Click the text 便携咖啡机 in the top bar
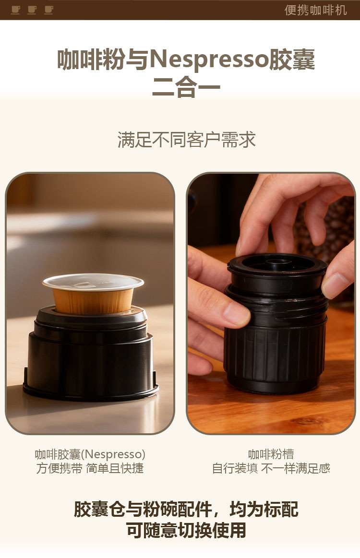315,10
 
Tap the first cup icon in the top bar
15,10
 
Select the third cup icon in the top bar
49,10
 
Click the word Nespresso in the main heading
209,59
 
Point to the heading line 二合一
186,87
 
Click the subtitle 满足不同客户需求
187,140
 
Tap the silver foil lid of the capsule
93,282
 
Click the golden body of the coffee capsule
93,301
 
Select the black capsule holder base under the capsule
91,356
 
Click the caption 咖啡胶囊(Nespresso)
90,454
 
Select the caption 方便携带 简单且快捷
90,468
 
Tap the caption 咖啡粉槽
271,454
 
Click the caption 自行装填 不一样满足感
271,468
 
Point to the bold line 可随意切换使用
186,530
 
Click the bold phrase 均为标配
264,509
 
